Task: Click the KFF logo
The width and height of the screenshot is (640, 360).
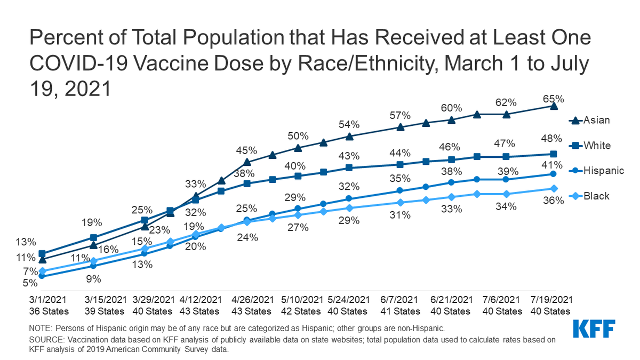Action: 594,329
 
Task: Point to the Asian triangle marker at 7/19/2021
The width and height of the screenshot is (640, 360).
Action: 554,106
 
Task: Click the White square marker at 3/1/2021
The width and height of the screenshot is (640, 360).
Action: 42,254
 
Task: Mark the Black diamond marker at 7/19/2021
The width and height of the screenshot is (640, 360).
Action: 554,188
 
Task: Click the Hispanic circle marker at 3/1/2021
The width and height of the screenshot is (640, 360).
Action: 42,276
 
